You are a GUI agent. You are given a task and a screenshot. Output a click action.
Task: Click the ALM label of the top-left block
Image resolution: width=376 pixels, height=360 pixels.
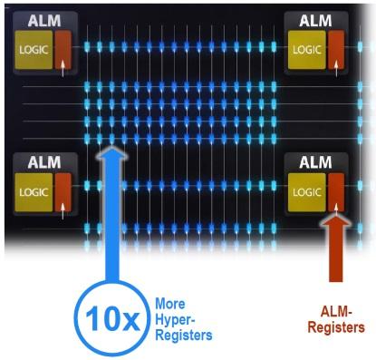pos(44,21)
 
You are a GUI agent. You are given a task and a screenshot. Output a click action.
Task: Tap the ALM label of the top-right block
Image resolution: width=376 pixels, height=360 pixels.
pos(315,21)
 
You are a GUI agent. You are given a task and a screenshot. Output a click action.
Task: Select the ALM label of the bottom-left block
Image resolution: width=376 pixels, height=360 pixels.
pos(44,162)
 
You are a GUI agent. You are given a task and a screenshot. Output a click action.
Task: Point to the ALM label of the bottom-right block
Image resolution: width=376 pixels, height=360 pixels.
pos(315,162)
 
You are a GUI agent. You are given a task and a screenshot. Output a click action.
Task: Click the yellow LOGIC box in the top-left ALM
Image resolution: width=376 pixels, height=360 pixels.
pos(34,50)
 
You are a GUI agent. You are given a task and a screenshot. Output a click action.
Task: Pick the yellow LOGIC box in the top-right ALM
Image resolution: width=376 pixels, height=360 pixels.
pos(307,50)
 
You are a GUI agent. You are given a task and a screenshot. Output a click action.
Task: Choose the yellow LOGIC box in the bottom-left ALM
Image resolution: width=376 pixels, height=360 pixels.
pos(34,192)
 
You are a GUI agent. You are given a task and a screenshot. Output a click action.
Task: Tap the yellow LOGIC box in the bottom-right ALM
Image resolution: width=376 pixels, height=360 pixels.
pos(307,192)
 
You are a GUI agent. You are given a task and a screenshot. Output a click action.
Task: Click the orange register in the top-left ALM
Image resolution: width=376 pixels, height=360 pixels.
pos(63,50)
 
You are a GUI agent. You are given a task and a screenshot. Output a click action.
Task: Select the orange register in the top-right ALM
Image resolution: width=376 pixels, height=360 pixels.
pos(336,50)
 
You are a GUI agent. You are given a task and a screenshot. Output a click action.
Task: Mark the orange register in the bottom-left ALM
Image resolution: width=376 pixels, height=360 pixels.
pos(63,192)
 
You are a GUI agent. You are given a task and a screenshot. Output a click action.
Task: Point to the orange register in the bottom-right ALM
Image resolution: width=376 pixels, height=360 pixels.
pos(336,192)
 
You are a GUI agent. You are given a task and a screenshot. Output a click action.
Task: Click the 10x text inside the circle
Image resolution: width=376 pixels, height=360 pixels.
pos(112,319)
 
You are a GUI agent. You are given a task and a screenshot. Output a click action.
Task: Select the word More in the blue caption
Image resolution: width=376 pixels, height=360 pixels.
pos(170,304)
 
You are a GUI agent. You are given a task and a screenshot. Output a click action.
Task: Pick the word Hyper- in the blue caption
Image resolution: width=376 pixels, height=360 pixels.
pos(175,320)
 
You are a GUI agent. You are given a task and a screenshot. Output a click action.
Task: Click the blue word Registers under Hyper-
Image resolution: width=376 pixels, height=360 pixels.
pos(184,336)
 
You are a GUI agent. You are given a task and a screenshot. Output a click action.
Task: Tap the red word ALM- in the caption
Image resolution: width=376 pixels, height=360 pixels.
pos(336,311)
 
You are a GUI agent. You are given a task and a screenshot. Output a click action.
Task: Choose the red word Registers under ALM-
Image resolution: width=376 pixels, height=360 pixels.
pos(336,327)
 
